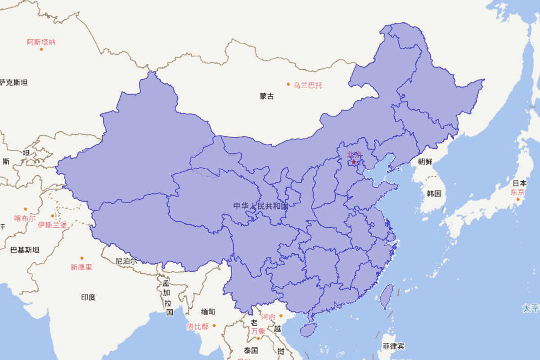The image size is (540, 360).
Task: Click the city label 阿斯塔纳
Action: [41, 42]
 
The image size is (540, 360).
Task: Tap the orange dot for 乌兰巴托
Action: [288, 84]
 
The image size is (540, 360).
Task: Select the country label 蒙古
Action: [266, 96]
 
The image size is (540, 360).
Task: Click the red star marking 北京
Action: [354, 162]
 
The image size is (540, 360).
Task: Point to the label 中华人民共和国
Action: [261, 206]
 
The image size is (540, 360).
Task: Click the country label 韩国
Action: [434, 193]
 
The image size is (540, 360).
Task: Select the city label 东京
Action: [517, 192]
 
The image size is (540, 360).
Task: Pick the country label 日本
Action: [520, 183]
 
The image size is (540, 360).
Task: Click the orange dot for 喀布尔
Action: [26, 209]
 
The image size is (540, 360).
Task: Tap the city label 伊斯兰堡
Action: [52, 225]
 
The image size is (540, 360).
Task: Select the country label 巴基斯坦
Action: [25, 250]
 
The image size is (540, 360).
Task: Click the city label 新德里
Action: [81, 267]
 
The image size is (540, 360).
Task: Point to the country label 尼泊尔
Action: [126, 261]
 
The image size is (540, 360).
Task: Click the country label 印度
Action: [88, 297]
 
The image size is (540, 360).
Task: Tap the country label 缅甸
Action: [208, 311]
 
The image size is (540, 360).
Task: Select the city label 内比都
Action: [198, 327]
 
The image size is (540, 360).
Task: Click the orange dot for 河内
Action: [281, 316]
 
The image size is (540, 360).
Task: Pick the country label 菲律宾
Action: [393, 346]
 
